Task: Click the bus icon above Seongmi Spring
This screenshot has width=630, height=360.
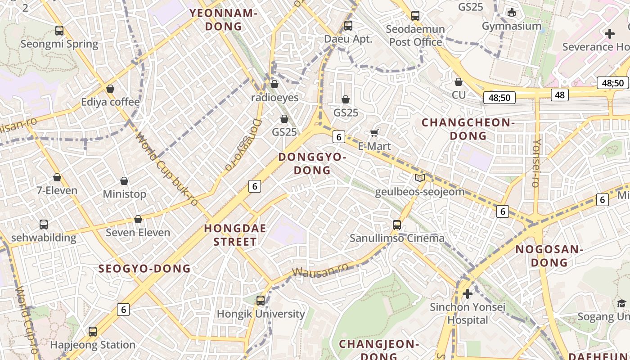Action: tap(59, 31)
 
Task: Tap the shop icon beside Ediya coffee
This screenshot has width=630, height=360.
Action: tap(110, 89)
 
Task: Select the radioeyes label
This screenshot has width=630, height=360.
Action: tap(274, 98)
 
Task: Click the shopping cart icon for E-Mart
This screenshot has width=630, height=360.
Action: tap(374, 133)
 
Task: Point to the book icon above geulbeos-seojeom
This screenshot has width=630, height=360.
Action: tap(419, 178)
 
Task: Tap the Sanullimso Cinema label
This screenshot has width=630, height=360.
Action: tap(397, 238)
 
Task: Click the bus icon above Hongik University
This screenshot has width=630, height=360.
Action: tap(261, 300)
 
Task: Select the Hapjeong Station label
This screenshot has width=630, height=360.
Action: tap(93, 345)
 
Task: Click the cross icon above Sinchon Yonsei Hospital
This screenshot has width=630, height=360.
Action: tap(468, 294)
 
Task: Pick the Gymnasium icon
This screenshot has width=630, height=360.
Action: tap(511, 12)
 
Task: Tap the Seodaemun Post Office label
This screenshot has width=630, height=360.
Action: tap(415, 36)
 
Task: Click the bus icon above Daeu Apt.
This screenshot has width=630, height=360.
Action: tap(348, 26)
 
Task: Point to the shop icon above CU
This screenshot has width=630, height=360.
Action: tap(459, 82)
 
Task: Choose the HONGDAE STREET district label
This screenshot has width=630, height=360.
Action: tap(235, 235)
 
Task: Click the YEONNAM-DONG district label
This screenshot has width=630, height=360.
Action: tap(223, 19)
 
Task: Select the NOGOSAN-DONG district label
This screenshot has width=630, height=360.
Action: tap(549, 256)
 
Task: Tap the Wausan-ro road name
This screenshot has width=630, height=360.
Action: tap(320, 270)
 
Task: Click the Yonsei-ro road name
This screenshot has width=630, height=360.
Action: tap(535, 162)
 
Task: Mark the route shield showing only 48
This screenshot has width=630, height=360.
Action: tap(559, 94)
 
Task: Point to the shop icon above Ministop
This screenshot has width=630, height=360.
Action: tap(124, 181)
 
